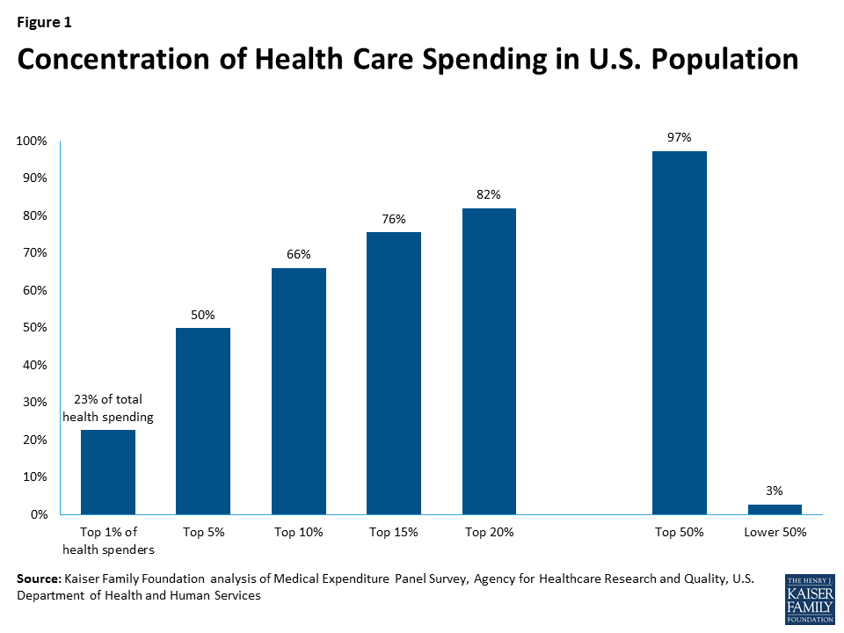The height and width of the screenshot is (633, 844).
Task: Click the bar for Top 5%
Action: [x=203, y=421]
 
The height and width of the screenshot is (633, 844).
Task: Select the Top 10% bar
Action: [x=299, y=391]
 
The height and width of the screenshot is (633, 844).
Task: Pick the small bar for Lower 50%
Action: [x=775, y=509]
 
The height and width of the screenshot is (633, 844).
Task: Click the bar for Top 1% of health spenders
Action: [x=108, y=472]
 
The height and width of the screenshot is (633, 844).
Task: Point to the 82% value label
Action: [x=489, y=194]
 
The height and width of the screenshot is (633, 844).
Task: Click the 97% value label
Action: [x=680, y=137]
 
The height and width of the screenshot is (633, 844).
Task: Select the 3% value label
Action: [x=775, y=491]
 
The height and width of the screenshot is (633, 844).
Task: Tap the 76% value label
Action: [x=394, y=219]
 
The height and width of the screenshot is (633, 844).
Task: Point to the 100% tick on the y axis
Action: [x=32, y=141]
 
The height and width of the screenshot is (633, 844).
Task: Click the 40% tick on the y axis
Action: [x=34, y=365]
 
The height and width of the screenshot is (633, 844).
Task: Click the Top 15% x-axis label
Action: [x=394, y=532]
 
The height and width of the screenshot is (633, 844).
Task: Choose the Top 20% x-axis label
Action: [x=489, y=532]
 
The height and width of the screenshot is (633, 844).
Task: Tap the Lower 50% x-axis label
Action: [x=775, y=532]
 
